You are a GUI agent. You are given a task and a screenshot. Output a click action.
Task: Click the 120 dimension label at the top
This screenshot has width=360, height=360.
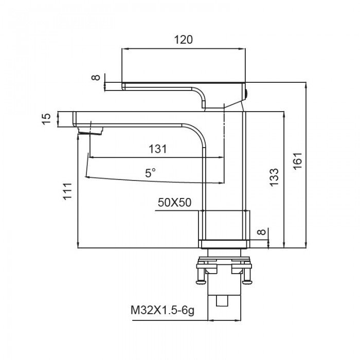pos(183,40)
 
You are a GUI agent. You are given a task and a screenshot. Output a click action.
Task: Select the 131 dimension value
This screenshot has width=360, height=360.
pos(158,149)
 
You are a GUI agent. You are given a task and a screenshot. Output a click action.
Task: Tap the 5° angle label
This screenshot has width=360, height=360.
pos(150,173)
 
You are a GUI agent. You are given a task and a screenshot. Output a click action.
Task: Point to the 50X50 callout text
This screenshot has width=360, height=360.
pos(174,203)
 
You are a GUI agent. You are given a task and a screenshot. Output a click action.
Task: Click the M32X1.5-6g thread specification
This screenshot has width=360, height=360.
pos(163,311)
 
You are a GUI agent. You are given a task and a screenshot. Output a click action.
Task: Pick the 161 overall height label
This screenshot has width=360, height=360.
pos(298,160)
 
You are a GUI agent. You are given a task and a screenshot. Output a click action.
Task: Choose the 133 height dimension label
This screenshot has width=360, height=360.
pos(274,177)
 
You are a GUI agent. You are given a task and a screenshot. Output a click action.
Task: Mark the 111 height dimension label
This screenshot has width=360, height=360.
pos(68,191)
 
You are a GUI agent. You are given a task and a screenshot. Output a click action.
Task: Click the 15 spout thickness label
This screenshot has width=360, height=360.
pos(46,119)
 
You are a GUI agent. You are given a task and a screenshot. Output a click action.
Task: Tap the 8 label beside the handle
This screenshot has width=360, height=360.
pos(96,78)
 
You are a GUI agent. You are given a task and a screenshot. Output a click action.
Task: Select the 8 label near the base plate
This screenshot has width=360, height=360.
pos(262,231)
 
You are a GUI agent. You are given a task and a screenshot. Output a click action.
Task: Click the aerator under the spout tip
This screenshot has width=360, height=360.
pos(90,131)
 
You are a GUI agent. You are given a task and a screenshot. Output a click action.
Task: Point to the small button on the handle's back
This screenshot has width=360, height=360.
pos(246,94)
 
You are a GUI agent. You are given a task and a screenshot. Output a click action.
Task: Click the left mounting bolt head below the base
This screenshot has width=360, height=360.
pos(201,281)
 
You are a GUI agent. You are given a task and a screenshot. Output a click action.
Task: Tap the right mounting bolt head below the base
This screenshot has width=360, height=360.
pos(247,281)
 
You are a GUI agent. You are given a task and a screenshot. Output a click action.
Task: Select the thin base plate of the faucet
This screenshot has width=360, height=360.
pos(224,244)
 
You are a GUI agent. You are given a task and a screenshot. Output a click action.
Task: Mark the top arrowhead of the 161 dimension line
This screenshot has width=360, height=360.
pos(305,85)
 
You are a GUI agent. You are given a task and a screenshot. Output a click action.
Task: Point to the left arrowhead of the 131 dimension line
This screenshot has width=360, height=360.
pos(92,157)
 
